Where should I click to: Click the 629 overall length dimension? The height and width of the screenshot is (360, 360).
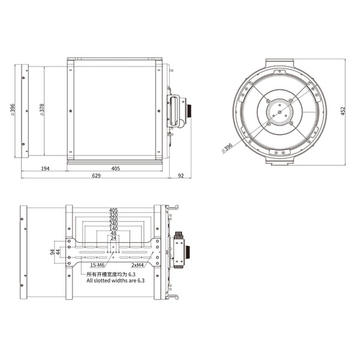tap(96, 176)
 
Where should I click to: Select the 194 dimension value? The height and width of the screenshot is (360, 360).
tap(45, 169)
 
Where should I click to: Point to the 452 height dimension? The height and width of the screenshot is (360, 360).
tap(343, 111)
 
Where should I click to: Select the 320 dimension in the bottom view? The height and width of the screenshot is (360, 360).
tap(113, 215)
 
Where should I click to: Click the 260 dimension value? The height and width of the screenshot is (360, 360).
tap(113, 220)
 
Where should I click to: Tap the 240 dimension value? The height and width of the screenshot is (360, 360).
tap(113, 224)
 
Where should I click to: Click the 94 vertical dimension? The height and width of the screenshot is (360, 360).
tap(53, 253)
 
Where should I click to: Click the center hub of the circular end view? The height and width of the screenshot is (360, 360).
tap(279, 112)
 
